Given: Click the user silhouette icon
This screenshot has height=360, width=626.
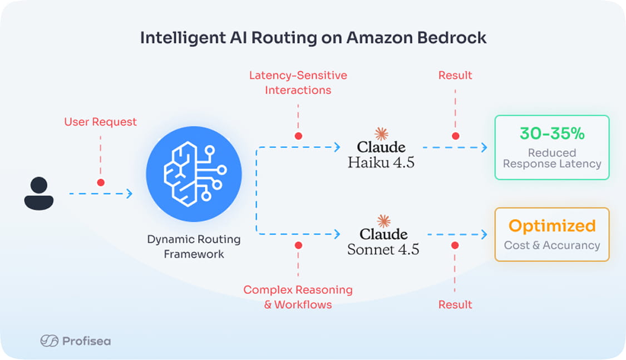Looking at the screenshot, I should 39,193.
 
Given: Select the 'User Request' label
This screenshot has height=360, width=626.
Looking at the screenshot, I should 100,122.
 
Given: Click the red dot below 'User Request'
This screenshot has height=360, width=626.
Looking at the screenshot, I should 101,182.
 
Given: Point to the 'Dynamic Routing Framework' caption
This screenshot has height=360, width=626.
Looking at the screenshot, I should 194,246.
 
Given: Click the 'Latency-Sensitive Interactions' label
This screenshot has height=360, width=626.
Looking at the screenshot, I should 298,82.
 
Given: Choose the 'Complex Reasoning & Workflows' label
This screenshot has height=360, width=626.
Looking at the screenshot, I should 298,297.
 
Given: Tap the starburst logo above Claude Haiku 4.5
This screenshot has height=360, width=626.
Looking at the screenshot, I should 381,134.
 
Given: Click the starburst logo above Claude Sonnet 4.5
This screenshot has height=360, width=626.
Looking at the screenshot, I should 383,221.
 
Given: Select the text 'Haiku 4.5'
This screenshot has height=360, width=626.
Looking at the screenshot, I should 381,162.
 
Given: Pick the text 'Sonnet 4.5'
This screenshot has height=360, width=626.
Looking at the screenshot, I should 383,249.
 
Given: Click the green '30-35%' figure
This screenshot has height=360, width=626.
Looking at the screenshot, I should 551,134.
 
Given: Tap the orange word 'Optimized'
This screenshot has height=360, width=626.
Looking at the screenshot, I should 552,226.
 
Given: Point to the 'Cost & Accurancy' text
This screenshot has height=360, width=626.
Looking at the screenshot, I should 552,245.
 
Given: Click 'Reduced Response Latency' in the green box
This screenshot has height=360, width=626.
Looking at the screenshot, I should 552,158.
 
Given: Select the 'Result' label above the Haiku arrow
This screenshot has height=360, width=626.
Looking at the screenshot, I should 455,75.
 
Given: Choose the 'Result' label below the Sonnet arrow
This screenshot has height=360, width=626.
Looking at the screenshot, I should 455,304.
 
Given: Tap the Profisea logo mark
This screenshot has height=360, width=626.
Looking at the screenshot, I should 49,341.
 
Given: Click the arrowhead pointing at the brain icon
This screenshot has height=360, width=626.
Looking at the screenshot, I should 129,194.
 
